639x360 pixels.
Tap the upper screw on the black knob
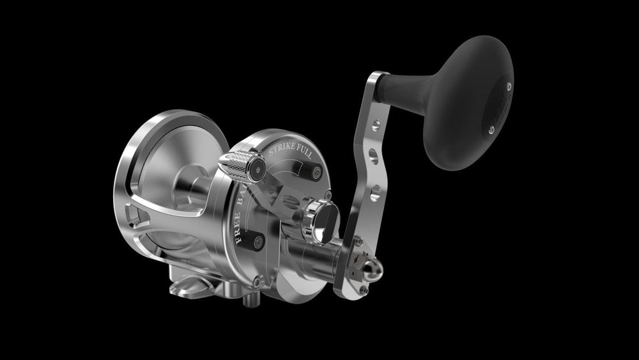tap(508, 84)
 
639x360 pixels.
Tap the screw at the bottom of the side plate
tap(256, 281)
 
